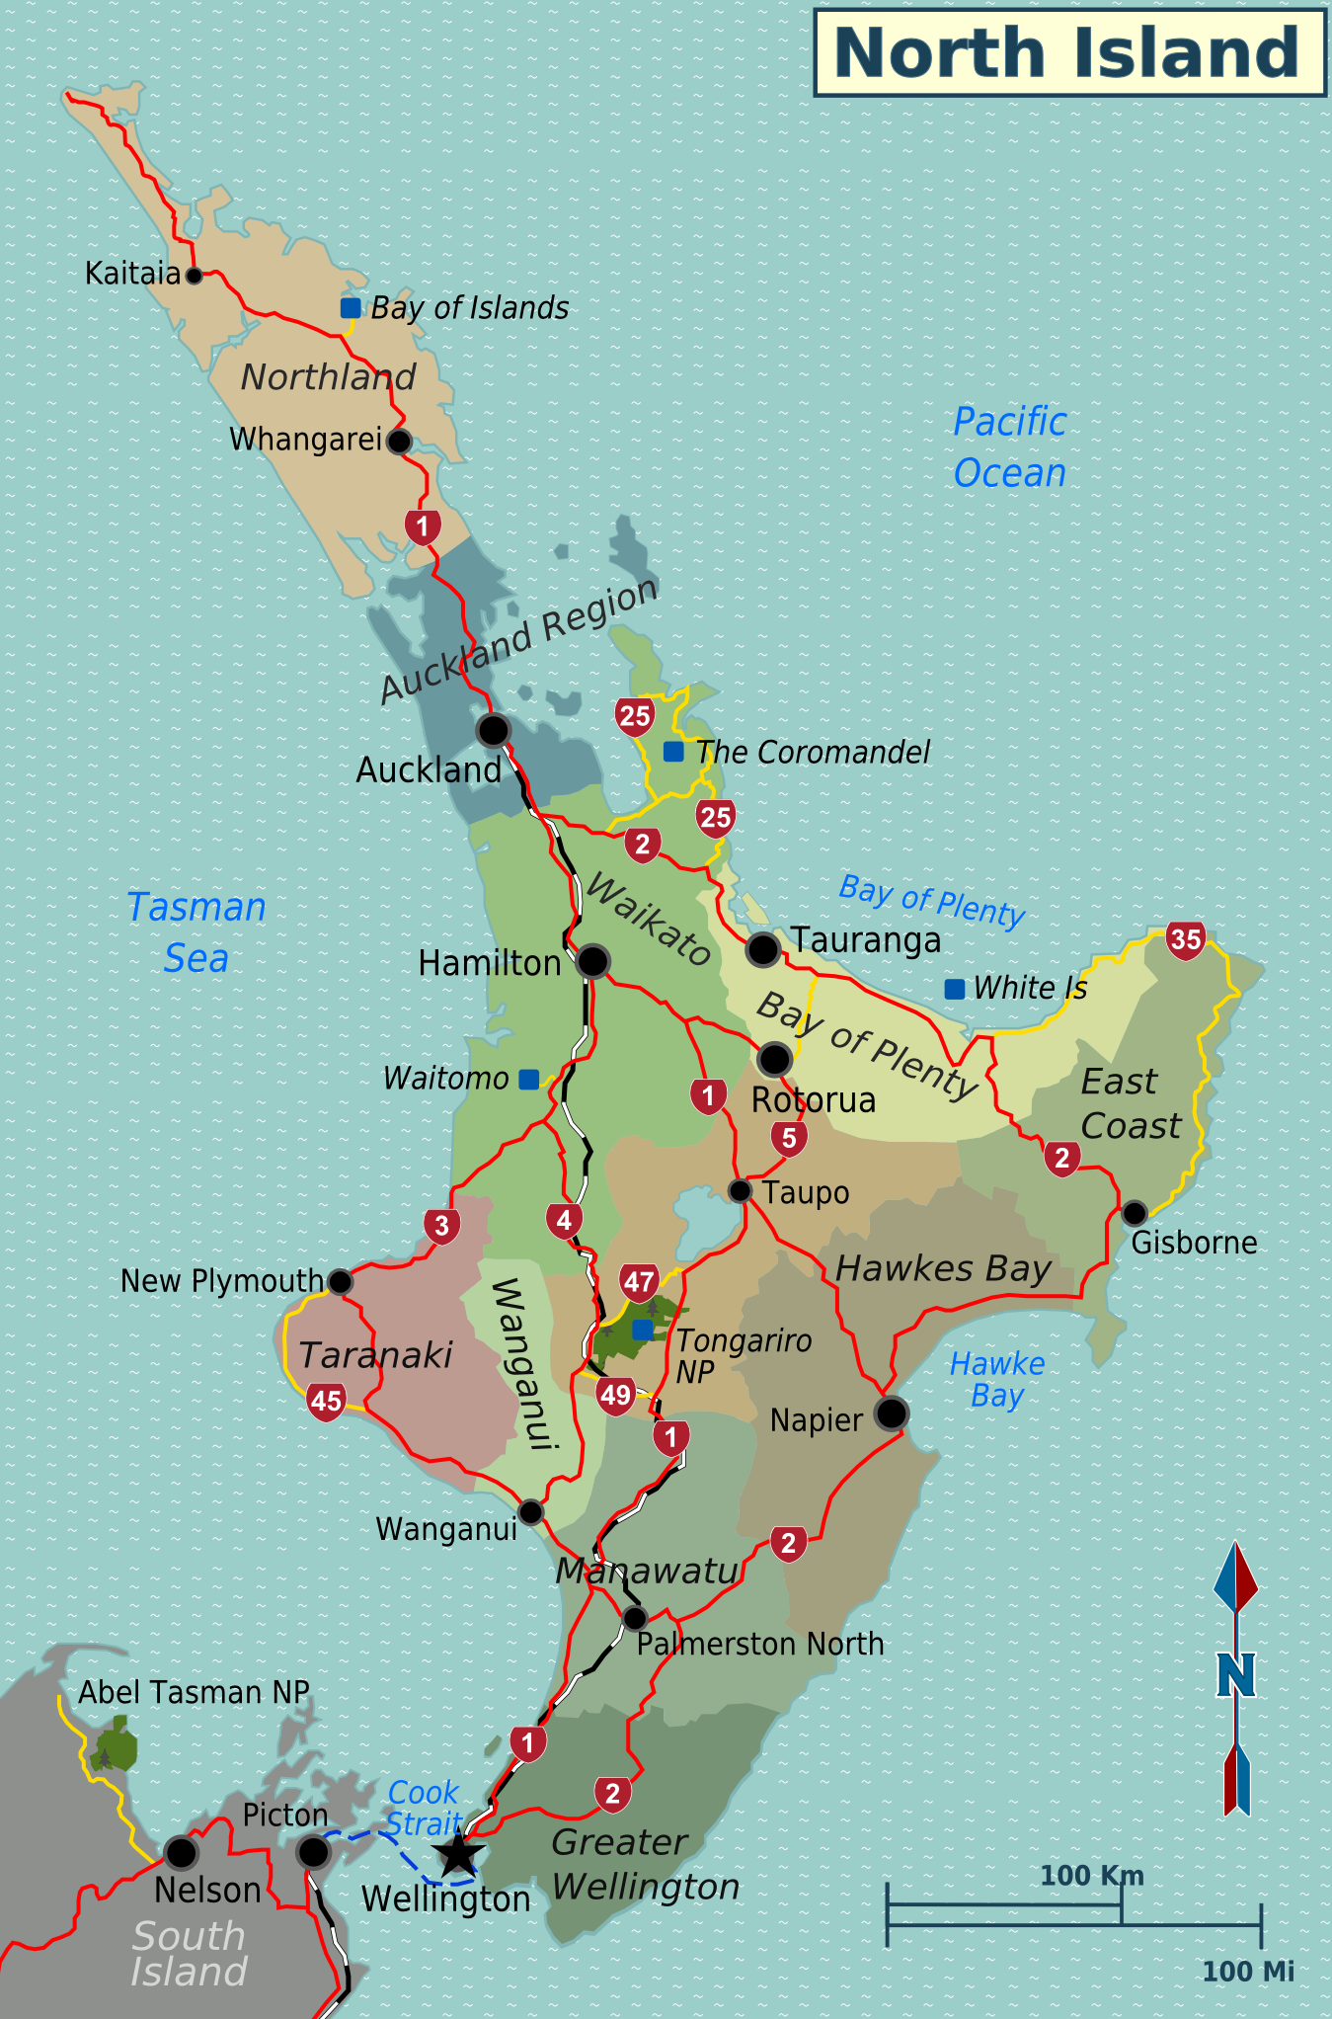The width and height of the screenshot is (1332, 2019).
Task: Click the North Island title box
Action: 1069,52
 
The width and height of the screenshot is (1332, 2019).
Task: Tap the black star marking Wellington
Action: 458,1854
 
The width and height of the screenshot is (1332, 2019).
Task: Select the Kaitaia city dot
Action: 195,275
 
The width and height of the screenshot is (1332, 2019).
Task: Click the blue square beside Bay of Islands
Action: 351,307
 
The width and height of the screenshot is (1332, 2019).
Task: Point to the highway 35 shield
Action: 1185,938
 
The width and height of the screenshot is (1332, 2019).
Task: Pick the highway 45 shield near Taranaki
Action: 326,1400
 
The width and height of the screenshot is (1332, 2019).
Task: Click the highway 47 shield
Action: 639,1282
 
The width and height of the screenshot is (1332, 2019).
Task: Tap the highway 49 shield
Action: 615,1395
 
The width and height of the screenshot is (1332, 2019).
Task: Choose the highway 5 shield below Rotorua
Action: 789,1138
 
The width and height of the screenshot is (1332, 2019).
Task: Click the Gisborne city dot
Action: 1135,1212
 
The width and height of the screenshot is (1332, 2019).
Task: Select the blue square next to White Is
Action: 955,989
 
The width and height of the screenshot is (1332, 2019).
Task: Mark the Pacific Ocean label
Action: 1009,447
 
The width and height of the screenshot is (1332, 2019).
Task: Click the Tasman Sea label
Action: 196,932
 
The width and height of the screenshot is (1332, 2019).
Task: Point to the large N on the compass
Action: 1235,1676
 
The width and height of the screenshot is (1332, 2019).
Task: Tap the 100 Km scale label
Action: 1091,1875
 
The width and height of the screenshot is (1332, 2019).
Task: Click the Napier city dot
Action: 891,1413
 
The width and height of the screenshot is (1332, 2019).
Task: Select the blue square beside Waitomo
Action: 529,1080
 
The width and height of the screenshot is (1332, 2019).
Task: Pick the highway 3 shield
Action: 441,1226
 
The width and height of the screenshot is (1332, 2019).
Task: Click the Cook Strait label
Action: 424,1808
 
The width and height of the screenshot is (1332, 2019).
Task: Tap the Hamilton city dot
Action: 592,961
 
